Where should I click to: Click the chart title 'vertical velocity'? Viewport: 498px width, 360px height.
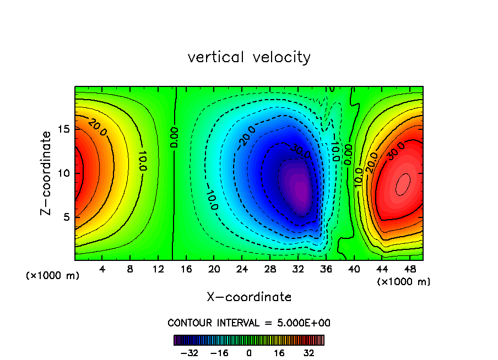click(x=249, y=57)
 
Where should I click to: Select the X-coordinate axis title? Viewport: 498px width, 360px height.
click(x=249, y=297)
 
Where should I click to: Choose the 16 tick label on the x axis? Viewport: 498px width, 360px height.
click(x=186, y=270)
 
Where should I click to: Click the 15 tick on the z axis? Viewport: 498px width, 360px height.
click(x=63, y=129)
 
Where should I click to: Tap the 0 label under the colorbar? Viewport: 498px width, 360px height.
click(x=249, y=353)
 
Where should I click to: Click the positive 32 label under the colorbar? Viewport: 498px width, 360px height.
click(x=308, y=353)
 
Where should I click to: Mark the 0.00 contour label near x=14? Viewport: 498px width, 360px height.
click(x=174, y=138)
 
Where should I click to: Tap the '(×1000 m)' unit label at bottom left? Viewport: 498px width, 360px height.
click(x=53, y=276)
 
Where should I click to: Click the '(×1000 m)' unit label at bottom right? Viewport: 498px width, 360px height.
click(x=404, y=282)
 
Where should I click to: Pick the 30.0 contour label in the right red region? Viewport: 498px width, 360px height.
click(x=396, y=151)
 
